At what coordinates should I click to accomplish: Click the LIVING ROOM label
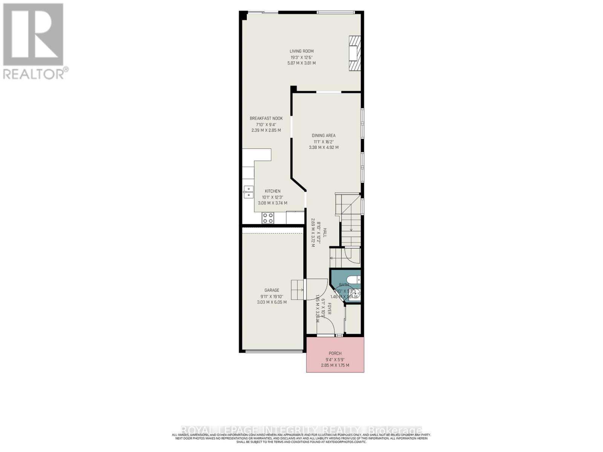click(301, 51)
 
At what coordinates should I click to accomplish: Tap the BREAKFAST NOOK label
click(266, 118)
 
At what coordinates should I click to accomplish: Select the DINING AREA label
click(323, 136)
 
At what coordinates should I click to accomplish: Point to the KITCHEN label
click(272, 191)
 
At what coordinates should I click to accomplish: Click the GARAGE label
click(272, 290)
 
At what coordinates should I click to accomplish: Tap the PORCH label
click(335, 353)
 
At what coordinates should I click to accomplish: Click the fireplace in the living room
click(354, 53)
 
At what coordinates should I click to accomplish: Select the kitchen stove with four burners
click(268, 218)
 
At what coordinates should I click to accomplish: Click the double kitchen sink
click(248, 192)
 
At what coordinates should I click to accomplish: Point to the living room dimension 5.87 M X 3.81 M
click(301, 63)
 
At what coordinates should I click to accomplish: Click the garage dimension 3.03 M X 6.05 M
click(272, 302)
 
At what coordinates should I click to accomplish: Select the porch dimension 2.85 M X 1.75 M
click(335, 365)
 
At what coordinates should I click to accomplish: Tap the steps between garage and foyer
click(297, 290)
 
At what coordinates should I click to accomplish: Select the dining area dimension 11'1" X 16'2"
click(323, 142)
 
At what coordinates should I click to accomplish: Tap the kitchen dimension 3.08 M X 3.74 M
click(272, 203)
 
